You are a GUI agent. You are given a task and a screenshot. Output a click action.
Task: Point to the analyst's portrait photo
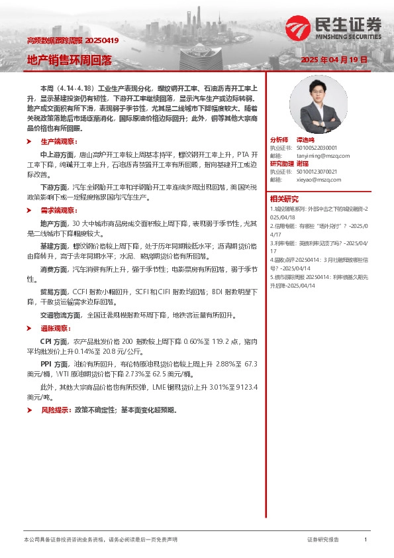coord(314,105)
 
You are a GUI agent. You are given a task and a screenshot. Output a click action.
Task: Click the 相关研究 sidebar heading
coord(283,199)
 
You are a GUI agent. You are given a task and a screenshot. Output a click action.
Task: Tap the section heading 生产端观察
coord(59,142)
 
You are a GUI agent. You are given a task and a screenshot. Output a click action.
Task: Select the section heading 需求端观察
coord(59,209)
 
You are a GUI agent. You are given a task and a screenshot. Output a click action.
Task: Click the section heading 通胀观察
coord(55,328)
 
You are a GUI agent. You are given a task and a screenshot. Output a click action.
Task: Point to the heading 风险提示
coord(55,410)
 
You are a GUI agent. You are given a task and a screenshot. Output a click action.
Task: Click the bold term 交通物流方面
coord(58,315)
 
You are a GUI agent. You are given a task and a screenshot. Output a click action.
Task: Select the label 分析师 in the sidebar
coord(279,140)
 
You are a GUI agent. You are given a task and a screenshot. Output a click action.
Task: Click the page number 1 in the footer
coord(366,540)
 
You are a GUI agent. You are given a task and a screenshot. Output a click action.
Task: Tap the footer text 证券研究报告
coord(324,540)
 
